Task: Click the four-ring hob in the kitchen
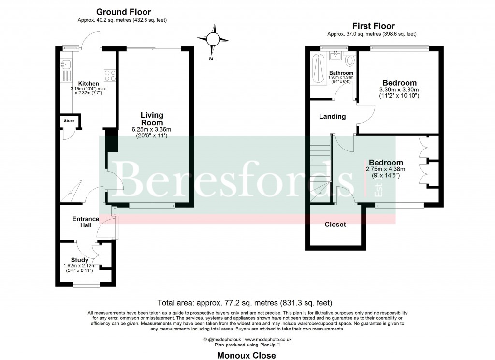(x=110, y=75)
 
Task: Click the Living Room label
(x=152, y=119)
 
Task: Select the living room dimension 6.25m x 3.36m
(x=152, y=130)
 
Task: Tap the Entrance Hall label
(x=86, y=222)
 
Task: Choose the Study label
(x=79, y=260)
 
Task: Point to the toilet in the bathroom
(x=351, y=60)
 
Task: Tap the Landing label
(x=333, y=117)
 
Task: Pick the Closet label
(x=335, y=225)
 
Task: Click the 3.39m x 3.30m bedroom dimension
(x=399, y=90)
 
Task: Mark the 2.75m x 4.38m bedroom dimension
(x=385, y=169)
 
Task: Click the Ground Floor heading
(x=123, y=12)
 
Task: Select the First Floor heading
(x=374, y=26)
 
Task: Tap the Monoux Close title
(x=247, y=355)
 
